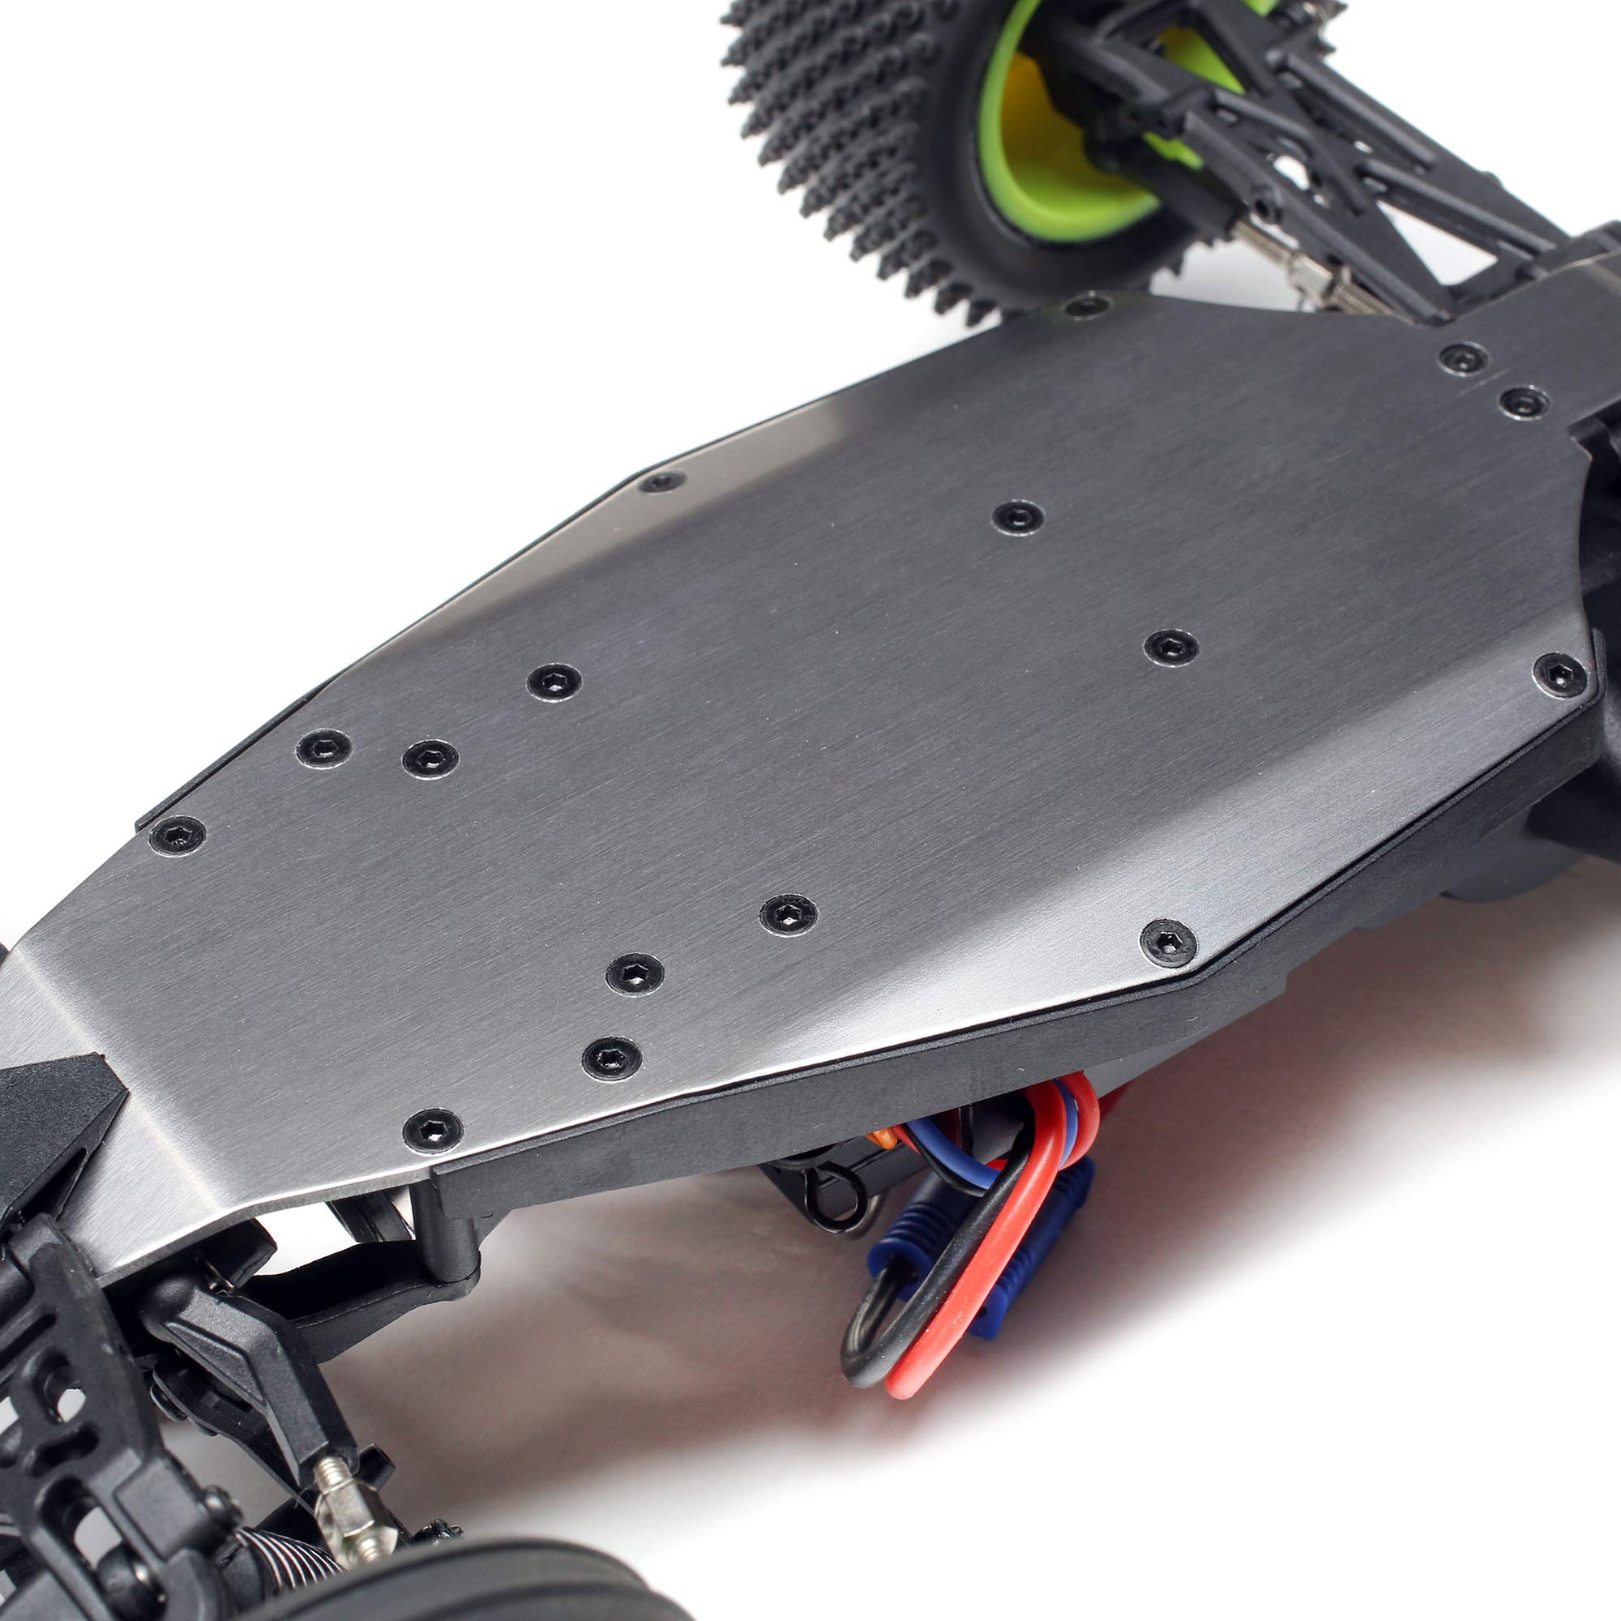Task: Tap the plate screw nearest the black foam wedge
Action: coord(432,1130)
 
